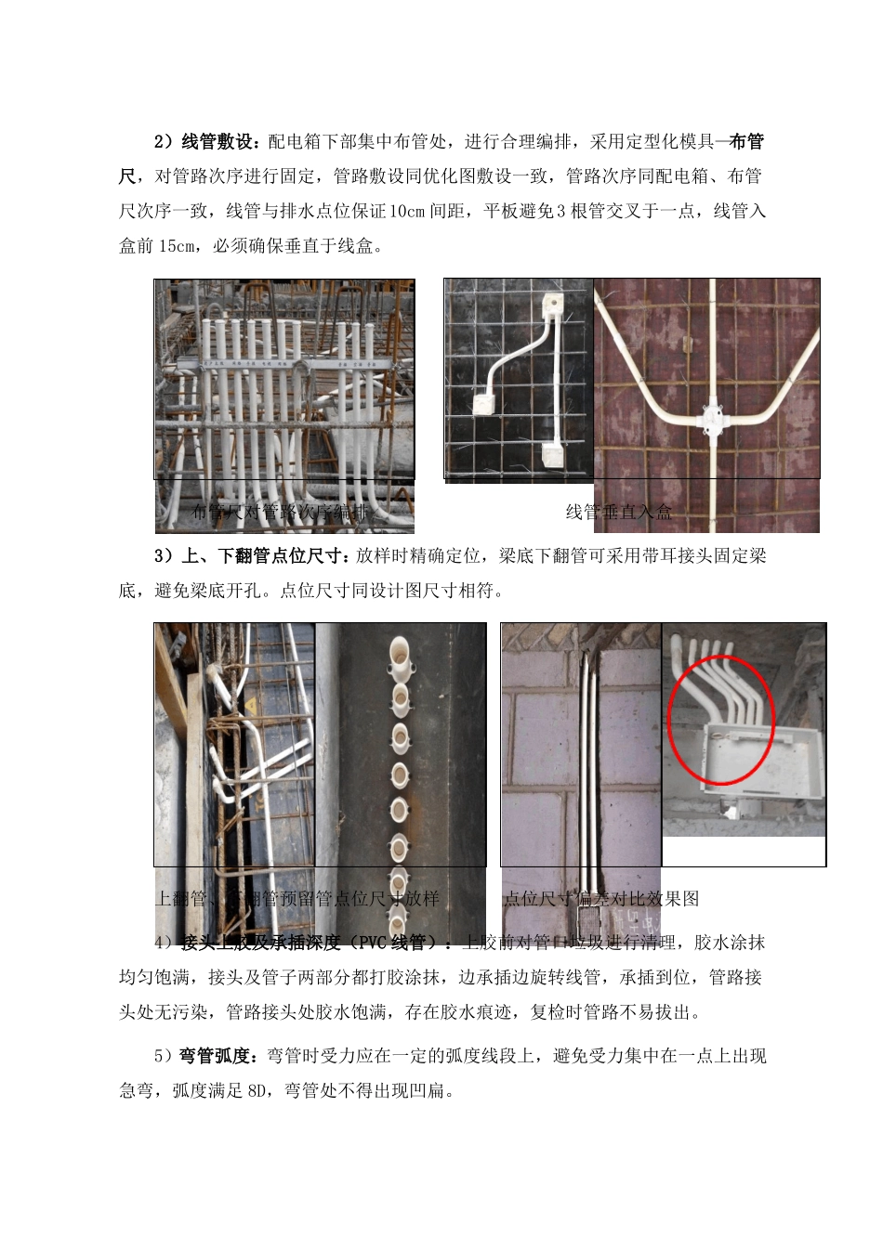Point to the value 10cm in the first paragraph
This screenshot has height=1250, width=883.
tap(407, 211)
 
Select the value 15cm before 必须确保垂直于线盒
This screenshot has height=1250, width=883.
tap(178, 246)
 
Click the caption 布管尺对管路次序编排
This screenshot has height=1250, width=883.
tap(280, 512)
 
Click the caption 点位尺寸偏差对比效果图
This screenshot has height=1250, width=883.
tap(601, 898)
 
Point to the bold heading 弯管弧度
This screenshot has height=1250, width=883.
tap(215, 1055)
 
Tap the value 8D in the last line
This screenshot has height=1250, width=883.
tap(257, 1090)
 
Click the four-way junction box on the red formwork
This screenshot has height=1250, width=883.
tap(708, 419)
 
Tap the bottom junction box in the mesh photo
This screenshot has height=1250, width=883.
tap(553, 456)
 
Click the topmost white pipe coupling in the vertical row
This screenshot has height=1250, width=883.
tap(400, 657)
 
